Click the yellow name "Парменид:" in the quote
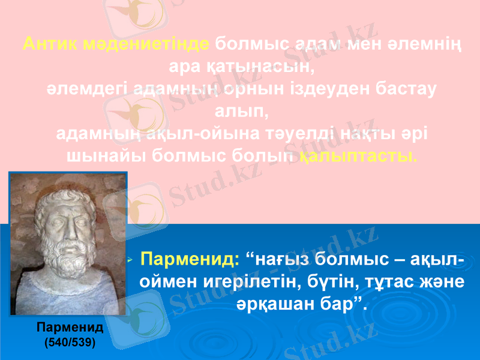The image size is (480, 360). point(190,261)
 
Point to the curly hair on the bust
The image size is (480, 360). point(66,198)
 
